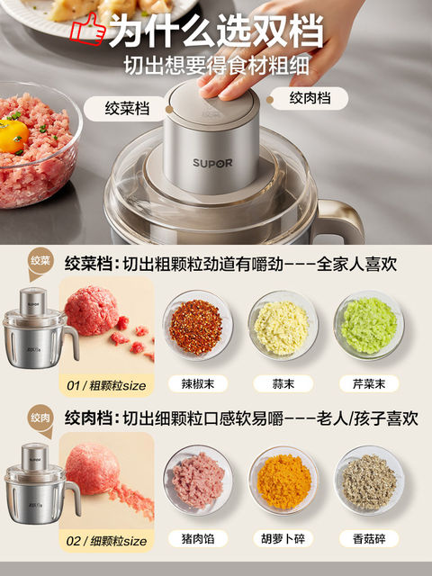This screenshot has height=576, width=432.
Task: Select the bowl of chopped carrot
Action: pos(283,479)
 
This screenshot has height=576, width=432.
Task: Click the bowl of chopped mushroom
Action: pos(368,479)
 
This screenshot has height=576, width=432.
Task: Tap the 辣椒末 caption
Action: pos(197,383)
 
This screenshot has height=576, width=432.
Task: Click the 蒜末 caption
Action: pos(283,383)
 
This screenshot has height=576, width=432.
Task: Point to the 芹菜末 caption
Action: pos(368,383)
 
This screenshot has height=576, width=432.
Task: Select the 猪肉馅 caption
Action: pos(197,539)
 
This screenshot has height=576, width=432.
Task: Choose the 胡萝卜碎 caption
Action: pos(283,539)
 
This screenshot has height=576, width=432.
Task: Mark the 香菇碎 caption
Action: pos(368,539)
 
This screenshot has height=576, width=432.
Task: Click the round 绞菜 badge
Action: pos(40,263)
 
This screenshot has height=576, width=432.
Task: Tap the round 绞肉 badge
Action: pos(40,418)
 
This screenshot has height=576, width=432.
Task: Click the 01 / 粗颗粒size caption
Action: pos(107,386)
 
